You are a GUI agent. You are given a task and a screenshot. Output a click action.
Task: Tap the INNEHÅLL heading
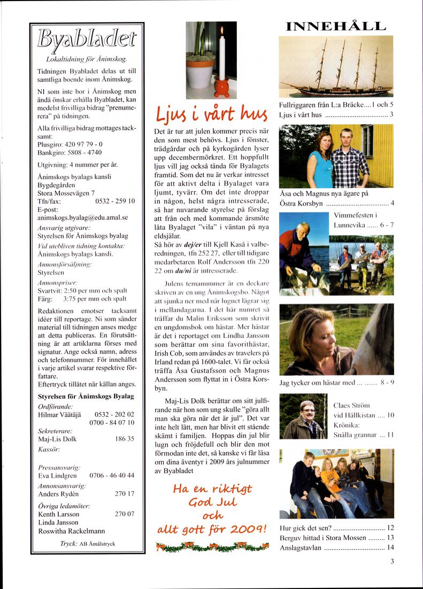(336, 26)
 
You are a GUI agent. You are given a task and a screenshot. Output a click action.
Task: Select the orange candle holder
(221, 86)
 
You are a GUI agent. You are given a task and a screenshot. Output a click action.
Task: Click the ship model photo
(336, 66)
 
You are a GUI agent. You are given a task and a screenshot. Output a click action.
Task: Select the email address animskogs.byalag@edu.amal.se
(83, 218)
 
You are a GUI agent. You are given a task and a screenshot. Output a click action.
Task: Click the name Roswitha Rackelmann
(71, 531)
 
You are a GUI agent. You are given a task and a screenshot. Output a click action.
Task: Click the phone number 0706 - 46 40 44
(112, 475)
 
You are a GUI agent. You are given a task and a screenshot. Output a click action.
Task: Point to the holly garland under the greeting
(212, 546)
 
